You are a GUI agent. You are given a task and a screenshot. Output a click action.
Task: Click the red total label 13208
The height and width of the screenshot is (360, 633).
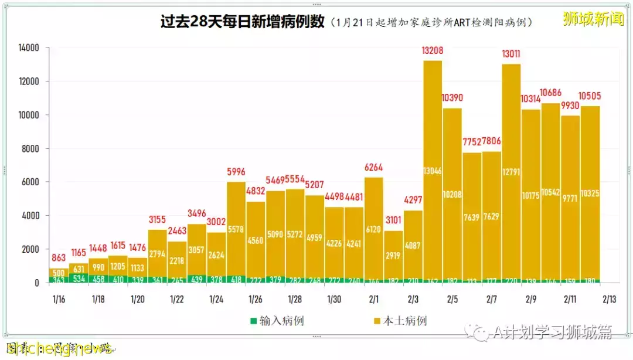pyautogui.click(x=433, y=51)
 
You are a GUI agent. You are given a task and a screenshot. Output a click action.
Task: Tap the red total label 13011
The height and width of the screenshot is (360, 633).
pyautogui.click(x=511, y=55)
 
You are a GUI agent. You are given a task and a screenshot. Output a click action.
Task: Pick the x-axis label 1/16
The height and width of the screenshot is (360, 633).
pyautogui.click(x=59, y=299)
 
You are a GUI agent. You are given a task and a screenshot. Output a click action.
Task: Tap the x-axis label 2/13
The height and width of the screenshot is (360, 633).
pyautogui.click(x=610, y=299)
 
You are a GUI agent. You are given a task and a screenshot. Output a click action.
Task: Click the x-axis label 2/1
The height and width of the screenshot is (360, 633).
pyautogui.click(x=373, y=299)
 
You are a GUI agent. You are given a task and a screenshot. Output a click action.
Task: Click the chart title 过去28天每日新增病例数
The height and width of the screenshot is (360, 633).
pyautogui.click(x=242, y=22)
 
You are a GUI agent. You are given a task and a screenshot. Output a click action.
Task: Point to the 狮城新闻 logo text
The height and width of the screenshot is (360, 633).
pyautogui.click(x=593, y=19)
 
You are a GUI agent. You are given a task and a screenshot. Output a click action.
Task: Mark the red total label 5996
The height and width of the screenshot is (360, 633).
pyautogui.click(x=236, y=172)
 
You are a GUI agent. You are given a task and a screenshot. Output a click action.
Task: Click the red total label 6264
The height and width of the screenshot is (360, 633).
pyautogui.click(x=374, y=168)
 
